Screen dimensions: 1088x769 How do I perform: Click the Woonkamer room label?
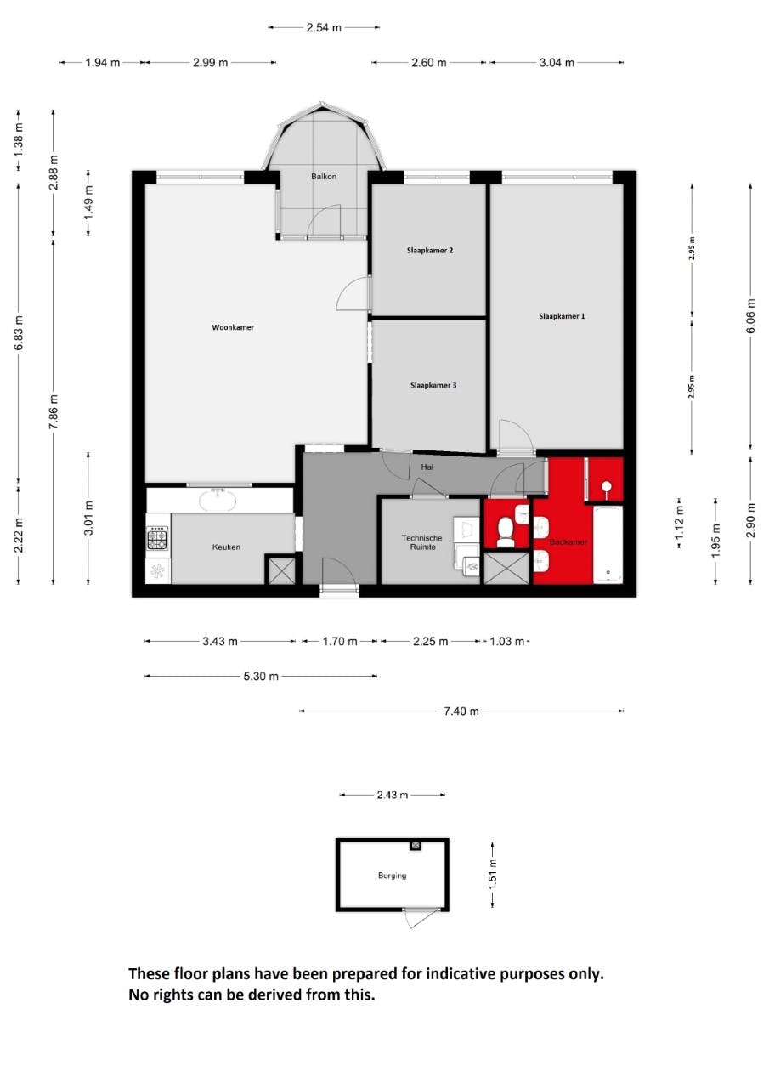(233, 327)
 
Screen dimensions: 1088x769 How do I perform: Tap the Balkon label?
(324, 177)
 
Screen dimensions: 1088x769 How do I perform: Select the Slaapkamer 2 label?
(429, 251)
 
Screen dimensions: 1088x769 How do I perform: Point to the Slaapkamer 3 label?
(433, 385)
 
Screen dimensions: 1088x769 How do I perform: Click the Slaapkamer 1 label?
(562, 316)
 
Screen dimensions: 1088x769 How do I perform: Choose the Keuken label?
(226, 547)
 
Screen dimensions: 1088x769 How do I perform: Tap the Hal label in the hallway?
(427, 467)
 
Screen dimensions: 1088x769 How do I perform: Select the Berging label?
(392, 875)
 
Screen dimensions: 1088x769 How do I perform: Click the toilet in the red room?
(506, 530)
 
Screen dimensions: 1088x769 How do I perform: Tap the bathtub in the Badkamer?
(607, 545)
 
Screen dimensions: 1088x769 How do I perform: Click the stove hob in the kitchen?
(158, 539)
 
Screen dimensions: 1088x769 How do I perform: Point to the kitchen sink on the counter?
(219, 499)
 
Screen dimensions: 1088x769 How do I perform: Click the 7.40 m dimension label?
(461, 711)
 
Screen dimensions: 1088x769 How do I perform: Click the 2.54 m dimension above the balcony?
(324, 27)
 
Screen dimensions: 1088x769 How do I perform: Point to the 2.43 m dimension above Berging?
(392, 796)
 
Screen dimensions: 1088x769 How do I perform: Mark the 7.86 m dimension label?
(54, 412)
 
